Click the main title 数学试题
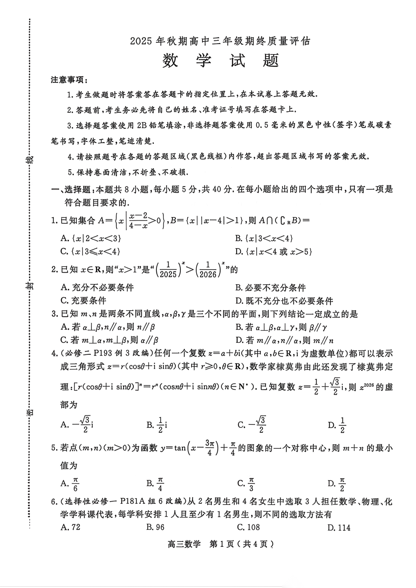pyautogui.click(x=220, y=61)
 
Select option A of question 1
pyautogui.click(x=91, y=238)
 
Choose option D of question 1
pyautogui.click(x=274, y=252)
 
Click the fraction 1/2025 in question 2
pyautogui.click(x=168, y=270)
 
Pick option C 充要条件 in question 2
pyautogui.click(x=83, y=300)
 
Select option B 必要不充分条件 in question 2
pyautogui.click(x=270, y=288)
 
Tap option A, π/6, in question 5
pyautogui.click(x=70, y=484)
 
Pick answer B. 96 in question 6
pyautogui.click(x=155, y=527)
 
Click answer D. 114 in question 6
pyautogui.click(x=339, y=528)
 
